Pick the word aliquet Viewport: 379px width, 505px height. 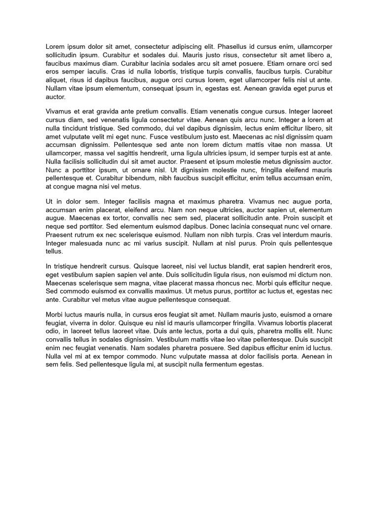pyautogui.click(x=56, y=80)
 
